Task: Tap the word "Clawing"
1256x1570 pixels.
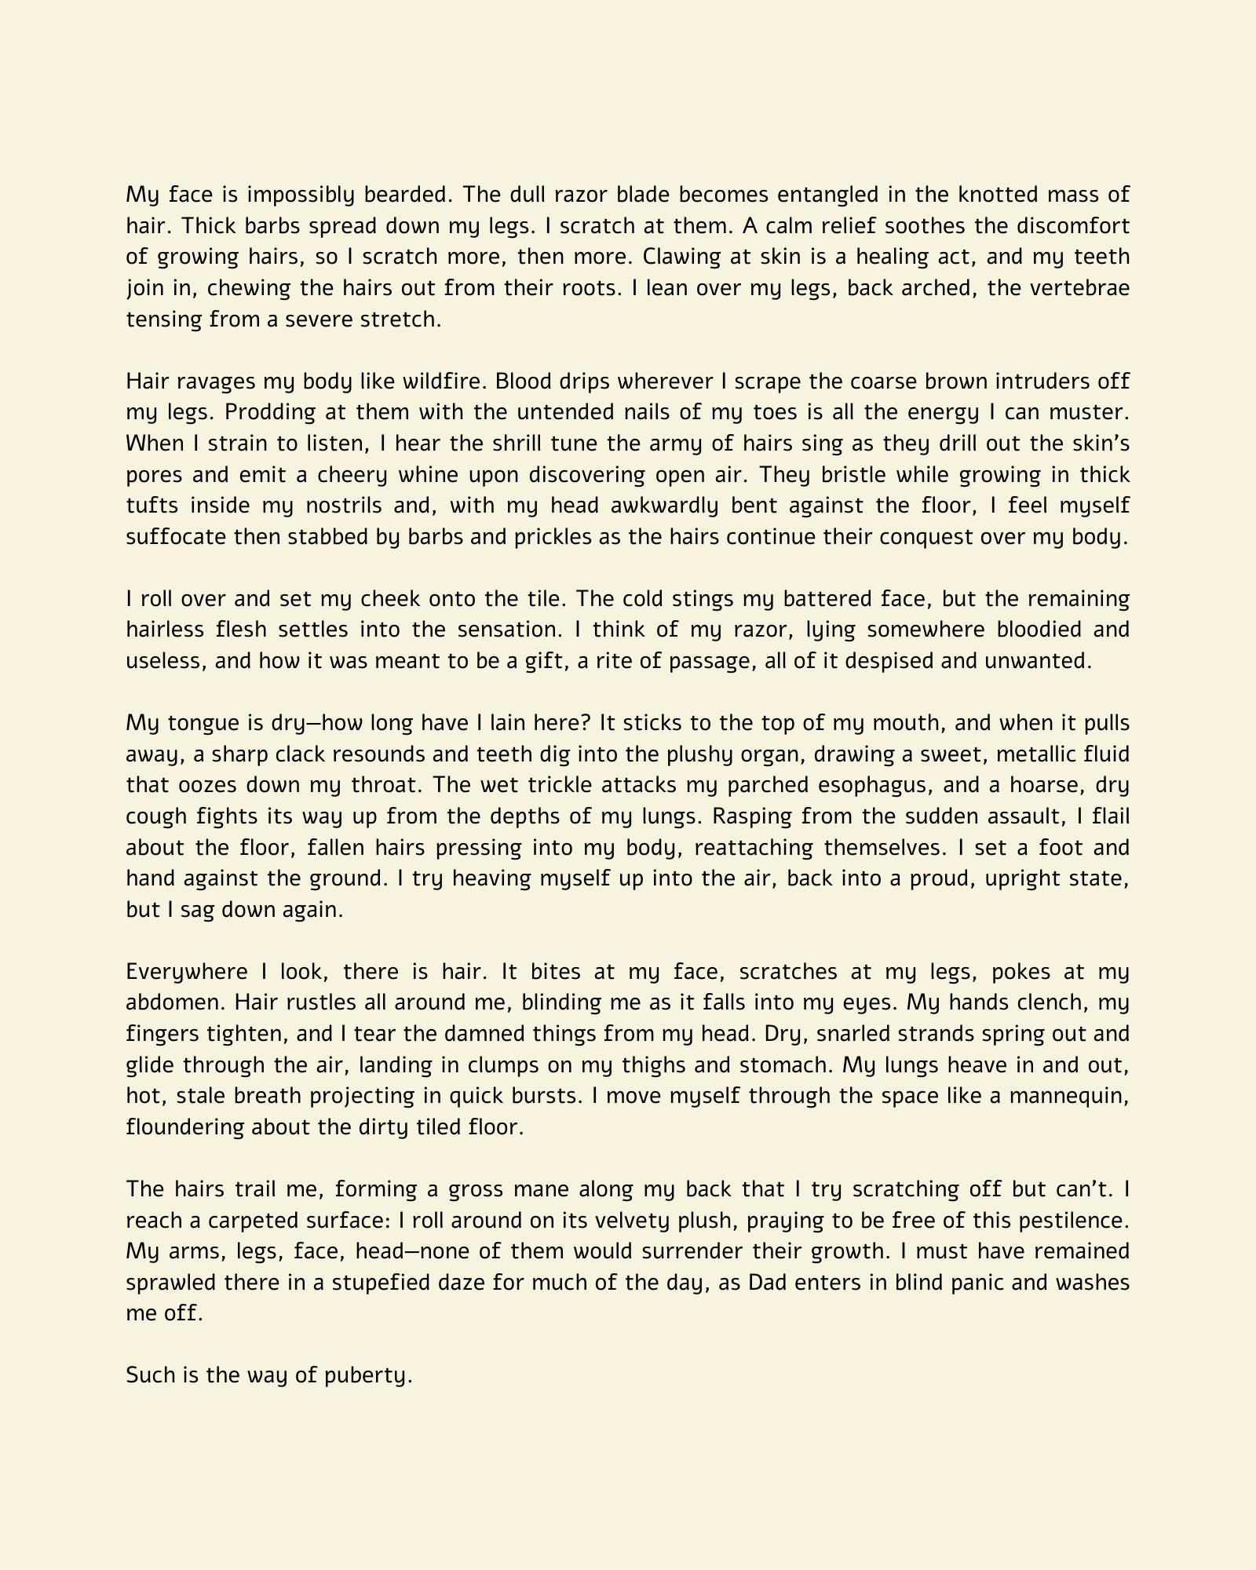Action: pos(681,257)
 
